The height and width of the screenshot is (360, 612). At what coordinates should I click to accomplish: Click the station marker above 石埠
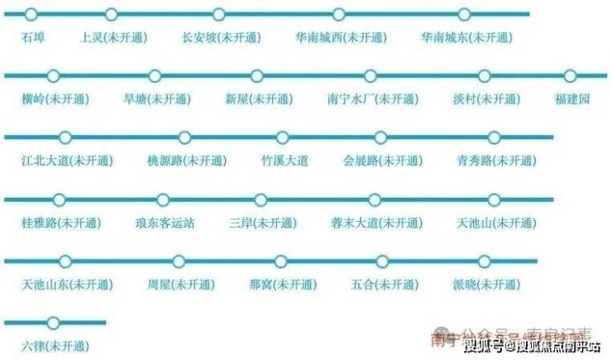click(31, 14)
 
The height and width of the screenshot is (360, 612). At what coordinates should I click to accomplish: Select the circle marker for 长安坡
click(218, 14)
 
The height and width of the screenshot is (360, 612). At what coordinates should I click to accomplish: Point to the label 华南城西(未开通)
click(341, 38)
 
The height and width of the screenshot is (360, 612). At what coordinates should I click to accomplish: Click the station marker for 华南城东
click(464, 14)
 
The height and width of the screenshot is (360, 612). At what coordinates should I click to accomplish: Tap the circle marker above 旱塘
click(154, 76)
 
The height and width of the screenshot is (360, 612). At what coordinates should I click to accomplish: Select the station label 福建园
click(572, 99)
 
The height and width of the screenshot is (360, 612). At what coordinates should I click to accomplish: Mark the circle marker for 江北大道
click(65, 137)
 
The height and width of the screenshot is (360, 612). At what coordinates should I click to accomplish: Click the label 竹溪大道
click(284, 161)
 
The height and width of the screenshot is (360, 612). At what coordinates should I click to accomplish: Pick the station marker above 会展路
click(380, 137)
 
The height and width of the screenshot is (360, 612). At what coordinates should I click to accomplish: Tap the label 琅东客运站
click(165, 223)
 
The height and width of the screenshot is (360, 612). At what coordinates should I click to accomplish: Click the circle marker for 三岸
click(261, 199)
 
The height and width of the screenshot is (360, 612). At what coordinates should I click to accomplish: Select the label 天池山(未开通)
click(496, 223)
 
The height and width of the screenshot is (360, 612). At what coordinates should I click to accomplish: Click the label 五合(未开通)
click(385, 285)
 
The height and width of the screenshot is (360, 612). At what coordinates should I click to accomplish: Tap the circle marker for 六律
click(54, 323)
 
